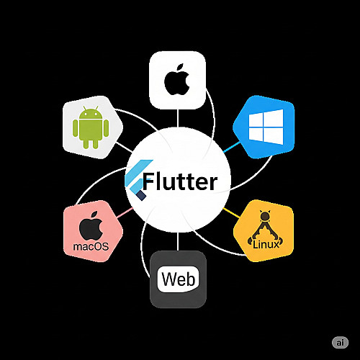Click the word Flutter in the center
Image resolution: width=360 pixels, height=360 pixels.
pyautogui.click(x=180, y=181)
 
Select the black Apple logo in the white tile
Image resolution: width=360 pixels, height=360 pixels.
pyautogui.click(x=177, y=79)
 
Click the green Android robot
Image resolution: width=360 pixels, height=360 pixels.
pyautogui.click(x=91, y=127)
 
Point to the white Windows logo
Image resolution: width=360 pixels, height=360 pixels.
pyautogui.click(x=266, y=127)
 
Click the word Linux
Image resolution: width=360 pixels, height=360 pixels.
pyautogui.click(x=266, y=244)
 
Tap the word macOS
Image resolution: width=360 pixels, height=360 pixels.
pyautogui.click(x=91, y=246)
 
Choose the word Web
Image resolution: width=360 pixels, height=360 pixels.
pyautogui.click(x=179, y=279)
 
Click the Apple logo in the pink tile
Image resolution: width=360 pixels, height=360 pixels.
pyautogui.click(x=91, y=225)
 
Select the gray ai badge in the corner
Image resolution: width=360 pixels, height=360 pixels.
pyautogui.click(x=340, y=343)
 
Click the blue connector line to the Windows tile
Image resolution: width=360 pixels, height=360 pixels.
pyautogui.click(x=232, y=147)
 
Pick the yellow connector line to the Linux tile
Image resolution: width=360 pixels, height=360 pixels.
pyautogui.click(x=231, y=213)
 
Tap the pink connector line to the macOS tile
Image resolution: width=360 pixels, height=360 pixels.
pyautogui.click(x=125, y=212)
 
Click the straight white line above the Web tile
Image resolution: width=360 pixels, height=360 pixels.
pyautogui.click(x=178, y=242)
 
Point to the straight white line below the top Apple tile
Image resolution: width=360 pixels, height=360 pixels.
pyautogui.click(x=178, y=118)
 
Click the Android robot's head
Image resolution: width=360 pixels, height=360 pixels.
pyautogui.click(x=91, y=112)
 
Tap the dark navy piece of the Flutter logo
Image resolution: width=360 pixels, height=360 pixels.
pyautogui.click(x=142, y=195)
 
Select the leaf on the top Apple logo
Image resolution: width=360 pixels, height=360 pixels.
pyautogui.click(x=181, y=67)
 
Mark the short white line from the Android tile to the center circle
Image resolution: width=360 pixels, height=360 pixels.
pyautogui.click(x=124, y=147)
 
